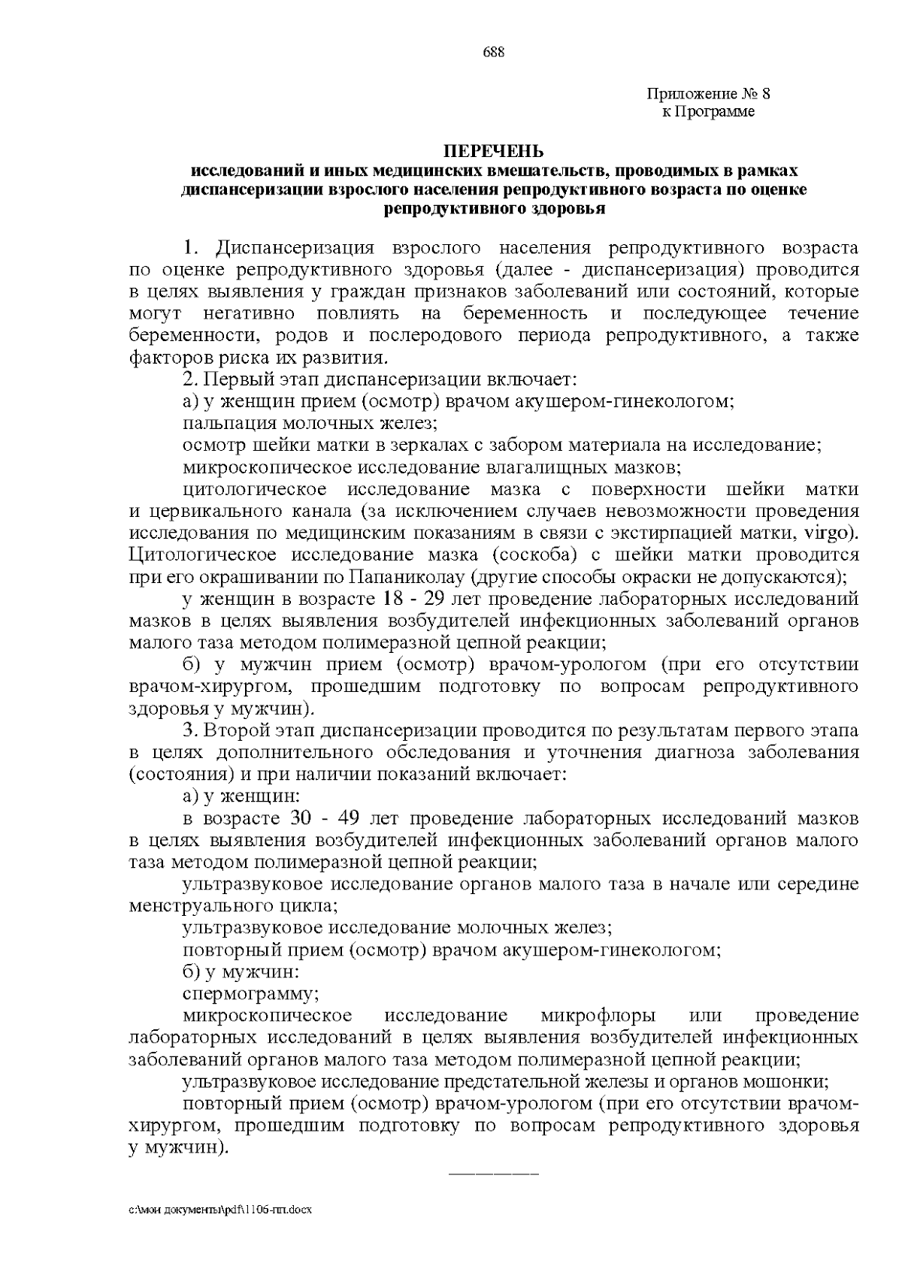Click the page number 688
point(493,52)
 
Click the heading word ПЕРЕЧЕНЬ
point(492,153)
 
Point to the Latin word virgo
point(830,533)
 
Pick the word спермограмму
point(251,994)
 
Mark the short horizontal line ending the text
point(493,1173)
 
